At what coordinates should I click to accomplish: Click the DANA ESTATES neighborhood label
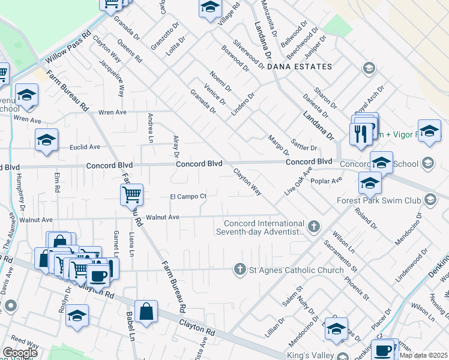(x=300, y=67)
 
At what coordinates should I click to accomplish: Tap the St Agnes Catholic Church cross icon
(x=240, y=270)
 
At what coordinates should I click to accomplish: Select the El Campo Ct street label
(x=188, y=196)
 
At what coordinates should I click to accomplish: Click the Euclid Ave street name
(x=85, y=147)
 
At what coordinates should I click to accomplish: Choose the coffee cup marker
(x=98, y=275)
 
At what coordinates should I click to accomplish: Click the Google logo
(x=20, y=353)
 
